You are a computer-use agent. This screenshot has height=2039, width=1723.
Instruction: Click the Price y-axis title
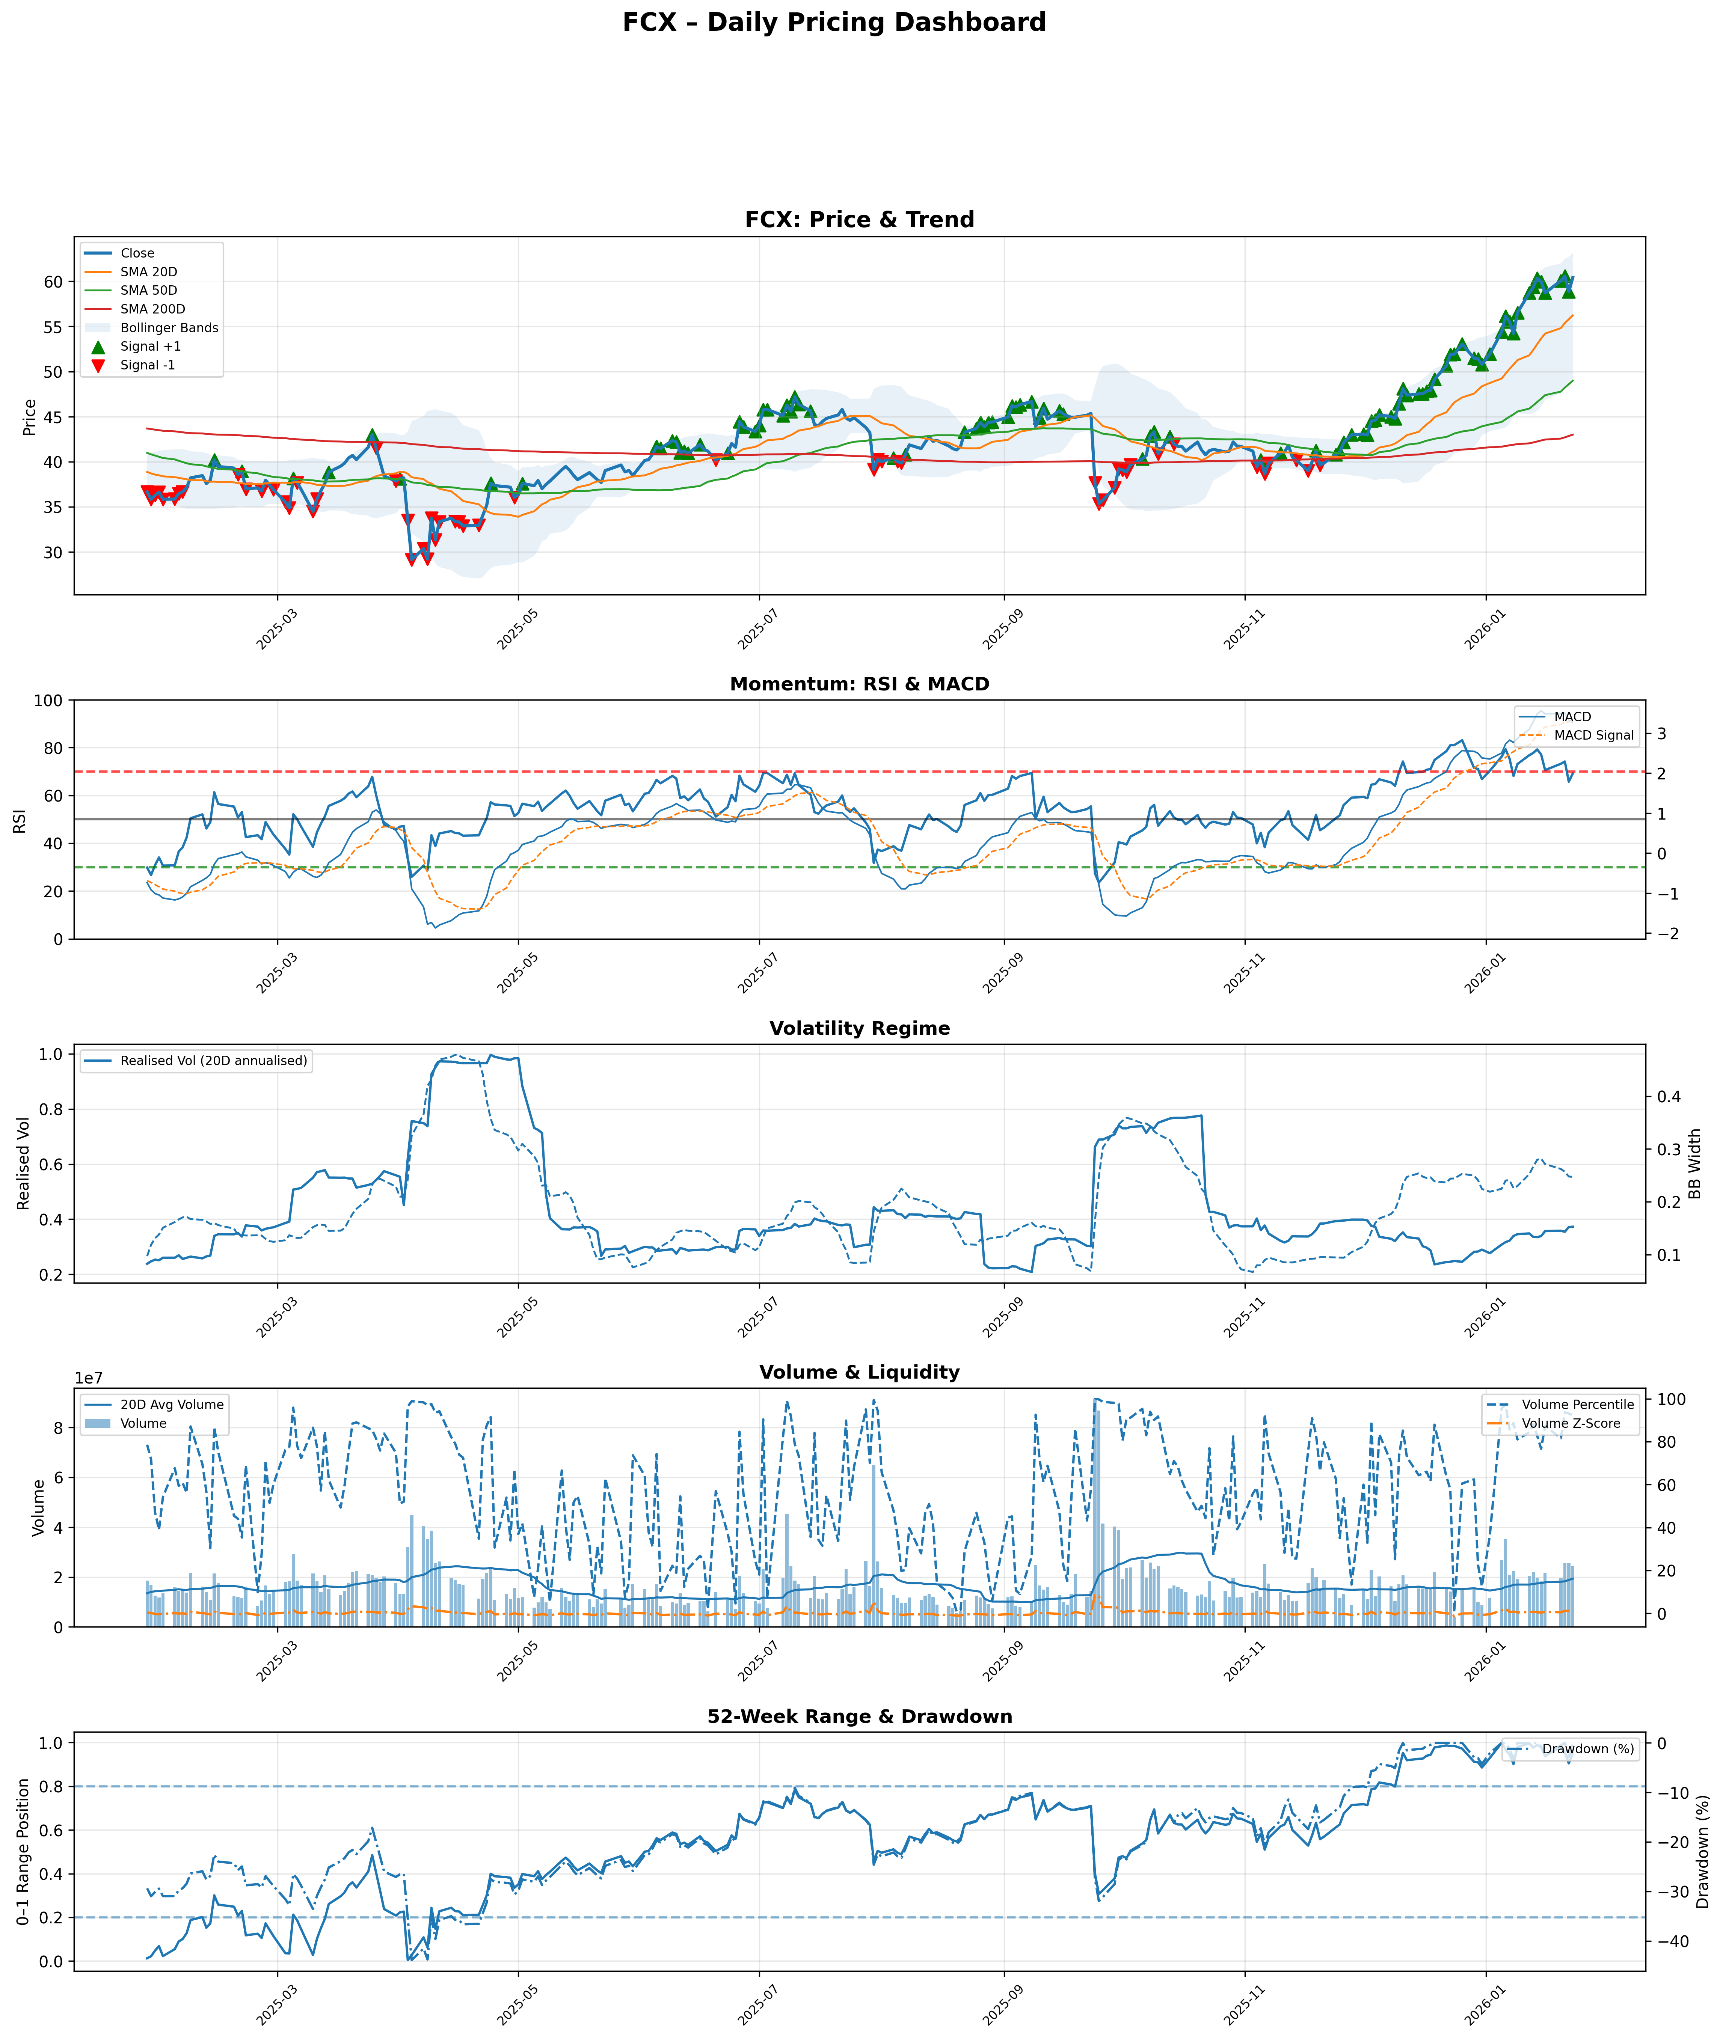[x=29, y=417]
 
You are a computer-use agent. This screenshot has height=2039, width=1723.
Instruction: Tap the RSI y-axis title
[x=20, y=819]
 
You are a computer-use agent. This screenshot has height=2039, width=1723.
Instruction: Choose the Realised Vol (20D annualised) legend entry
[x=213, y=1061]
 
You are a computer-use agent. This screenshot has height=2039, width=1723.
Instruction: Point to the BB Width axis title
[x=1695, y=1164]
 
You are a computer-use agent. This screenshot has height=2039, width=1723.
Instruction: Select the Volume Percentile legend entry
[x=1577, y=1404]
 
